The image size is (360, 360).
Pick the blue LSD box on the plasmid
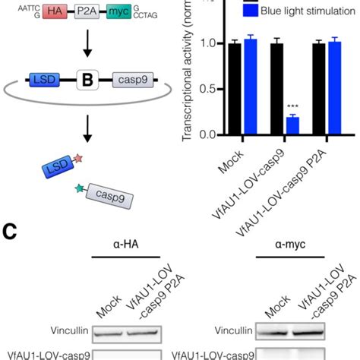click(x=44, y=78)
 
